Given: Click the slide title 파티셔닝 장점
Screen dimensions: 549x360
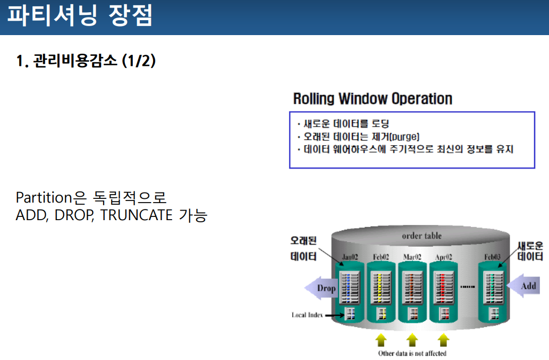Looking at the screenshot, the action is [80, 16].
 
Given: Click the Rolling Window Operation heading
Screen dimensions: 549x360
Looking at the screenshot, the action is [373, 99].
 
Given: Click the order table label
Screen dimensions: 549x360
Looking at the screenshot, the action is [421, 236].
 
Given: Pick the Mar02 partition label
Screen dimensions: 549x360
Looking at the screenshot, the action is [412, 257].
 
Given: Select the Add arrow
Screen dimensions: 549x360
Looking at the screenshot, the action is [525, 286].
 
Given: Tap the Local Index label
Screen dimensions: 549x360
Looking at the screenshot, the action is [307, 315].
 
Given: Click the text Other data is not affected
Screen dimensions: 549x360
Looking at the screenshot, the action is [412, 353].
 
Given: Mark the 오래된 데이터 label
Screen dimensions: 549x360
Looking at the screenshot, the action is [303, 248].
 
